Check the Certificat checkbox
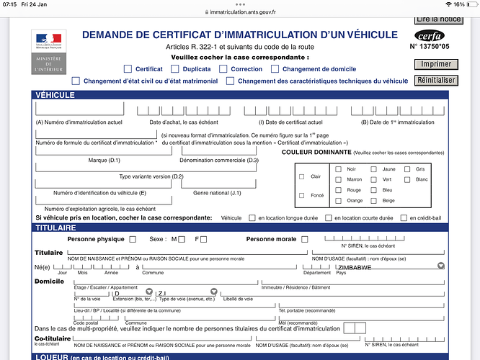click(x=128, y=69)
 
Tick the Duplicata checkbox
click(x=177, y=69)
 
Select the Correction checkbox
click(x=224, y=69)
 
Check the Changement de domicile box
click(x=275, y=69)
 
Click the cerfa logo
click(x=430, y=35)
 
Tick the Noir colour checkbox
click(x=338, y=168)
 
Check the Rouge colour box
click(x=338, y=189)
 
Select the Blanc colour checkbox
click(x=407, y=179)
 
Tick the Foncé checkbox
click(x=301, y=195)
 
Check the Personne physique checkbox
click(x=132, y=239)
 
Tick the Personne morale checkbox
click(x=305, y=239)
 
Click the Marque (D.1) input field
click(x=103, y=150)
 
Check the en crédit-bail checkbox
click(x=403, y=217)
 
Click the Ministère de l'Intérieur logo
click(x=48, y=53)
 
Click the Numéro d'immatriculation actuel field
click(x=79, y=109)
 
